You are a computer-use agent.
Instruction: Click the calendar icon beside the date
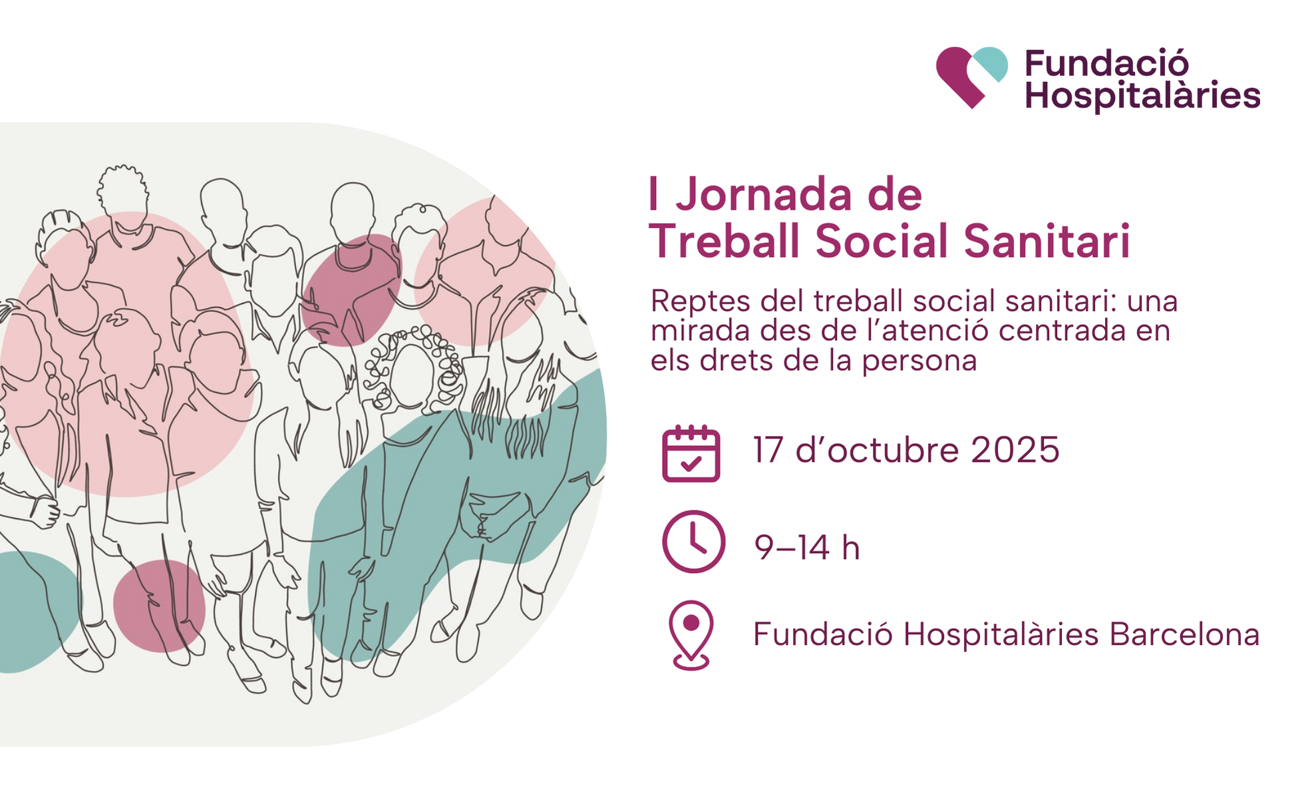pos(691,453)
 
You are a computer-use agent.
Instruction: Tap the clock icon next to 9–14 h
pos(693,542)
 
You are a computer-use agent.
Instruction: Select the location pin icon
pos(691,636)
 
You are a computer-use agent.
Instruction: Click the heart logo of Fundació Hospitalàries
pos(971,77)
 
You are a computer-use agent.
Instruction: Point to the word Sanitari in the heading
pos(1047,240)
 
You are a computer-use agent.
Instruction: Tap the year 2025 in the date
pos(1015,450)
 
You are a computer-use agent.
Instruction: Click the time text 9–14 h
pos(807,548)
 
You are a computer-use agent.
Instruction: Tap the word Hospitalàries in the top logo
pos(1142,96)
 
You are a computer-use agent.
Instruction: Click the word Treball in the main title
pos(725,240)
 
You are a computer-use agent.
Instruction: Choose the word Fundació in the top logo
pos(1106,64)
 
